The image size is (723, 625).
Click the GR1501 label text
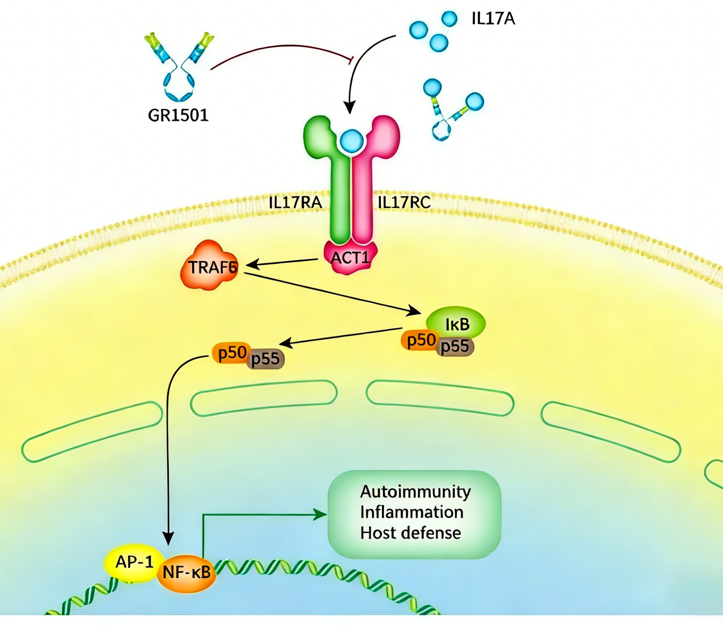(x=178, y=115)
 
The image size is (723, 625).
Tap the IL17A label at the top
(x=493, y=18)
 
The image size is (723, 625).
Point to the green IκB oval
(x=457, y=323)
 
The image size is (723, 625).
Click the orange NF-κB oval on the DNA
(x=187, y=572)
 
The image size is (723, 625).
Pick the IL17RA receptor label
(x=295, y=202)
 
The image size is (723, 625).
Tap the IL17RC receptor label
(x=404, y=202)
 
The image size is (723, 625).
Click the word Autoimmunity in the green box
(x=415, y=492)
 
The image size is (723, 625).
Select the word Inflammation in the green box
(x=412, y=512)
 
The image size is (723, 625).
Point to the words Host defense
(x=410, y=533)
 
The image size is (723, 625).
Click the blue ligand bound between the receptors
(x=351, y=141)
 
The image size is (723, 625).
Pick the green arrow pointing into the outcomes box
(x=263, y=515)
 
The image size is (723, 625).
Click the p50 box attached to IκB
(x=420, y=340)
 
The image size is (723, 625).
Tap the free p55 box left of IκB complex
(x=266, y=359)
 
